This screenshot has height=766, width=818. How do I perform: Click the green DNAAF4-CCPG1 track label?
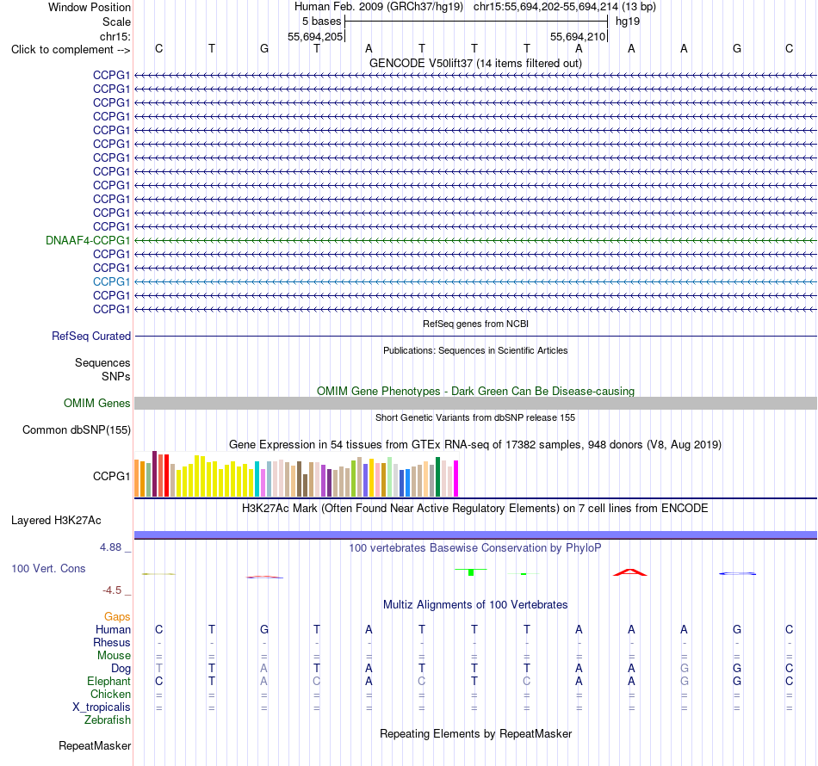88,240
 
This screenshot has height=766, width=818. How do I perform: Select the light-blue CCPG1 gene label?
112,281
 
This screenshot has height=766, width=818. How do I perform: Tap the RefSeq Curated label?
91,337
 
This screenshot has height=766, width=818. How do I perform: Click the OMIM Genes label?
97,403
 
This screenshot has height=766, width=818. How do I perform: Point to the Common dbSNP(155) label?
77,430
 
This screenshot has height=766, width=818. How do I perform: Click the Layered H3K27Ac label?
56,521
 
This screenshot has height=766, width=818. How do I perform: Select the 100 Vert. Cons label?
48,568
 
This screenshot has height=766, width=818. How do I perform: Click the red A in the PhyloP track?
630,572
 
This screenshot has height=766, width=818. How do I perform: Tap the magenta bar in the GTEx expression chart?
456,479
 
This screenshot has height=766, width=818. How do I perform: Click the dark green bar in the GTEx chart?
438,477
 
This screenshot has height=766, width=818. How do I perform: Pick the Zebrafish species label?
108,720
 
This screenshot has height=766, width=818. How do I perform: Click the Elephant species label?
109,682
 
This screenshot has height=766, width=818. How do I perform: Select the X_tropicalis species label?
102,707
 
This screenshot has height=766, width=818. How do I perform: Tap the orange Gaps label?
117,617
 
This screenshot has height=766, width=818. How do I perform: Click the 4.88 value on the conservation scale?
110,547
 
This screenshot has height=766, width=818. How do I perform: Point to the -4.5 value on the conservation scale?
112,590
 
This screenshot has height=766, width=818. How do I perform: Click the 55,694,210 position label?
578,36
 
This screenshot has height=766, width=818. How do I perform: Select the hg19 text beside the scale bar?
628,22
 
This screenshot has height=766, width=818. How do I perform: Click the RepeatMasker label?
95,746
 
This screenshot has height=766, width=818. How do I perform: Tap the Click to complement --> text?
71,50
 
